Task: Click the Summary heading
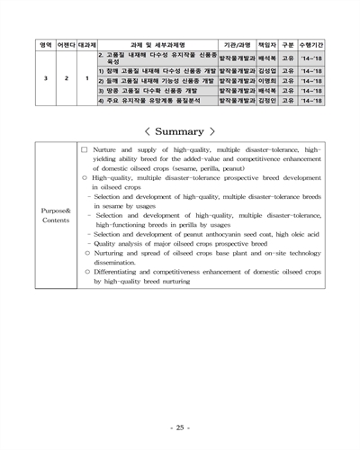[180, 131]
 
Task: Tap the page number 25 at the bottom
[180, 426]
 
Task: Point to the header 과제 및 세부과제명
[157, 43]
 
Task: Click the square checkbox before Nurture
[84, 148]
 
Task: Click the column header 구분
[288, 43]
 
